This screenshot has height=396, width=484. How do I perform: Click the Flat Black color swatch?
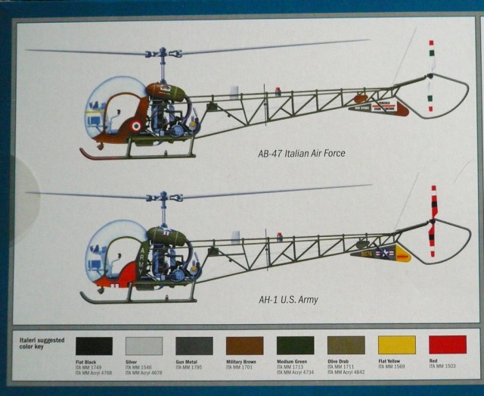[94, 346]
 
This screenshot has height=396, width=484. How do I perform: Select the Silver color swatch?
[144, 346]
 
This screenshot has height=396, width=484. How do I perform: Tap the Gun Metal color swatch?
[194, 346]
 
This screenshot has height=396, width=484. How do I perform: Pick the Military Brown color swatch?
[245, 346]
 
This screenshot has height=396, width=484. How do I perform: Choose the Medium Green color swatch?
[295, 346]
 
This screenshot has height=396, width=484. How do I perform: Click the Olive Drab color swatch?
[346, 346]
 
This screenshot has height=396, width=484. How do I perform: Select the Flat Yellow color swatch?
[396, 346]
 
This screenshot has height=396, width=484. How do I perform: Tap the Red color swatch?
[447, 346]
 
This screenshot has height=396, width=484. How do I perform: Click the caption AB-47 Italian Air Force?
[301, 154]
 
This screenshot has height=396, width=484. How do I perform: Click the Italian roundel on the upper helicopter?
[135, 125]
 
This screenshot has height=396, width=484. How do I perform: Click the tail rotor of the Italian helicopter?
[431, 76]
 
